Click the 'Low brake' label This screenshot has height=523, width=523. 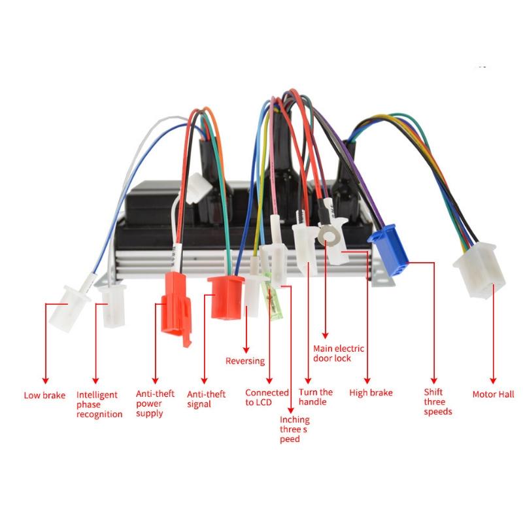44,395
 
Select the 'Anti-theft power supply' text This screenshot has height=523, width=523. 155,403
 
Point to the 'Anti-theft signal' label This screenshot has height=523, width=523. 206,399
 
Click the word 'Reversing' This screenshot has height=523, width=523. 245,361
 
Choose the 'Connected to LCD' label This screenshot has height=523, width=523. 267,397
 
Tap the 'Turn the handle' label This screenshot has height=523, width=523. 315,397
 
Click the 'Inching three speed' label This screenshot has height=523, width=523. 294,429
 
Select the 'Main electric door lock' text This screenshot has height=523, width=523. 339,353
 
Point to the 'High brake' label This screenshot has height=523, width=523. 371,393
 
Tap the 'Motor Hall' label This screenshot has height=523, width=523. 493,394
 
